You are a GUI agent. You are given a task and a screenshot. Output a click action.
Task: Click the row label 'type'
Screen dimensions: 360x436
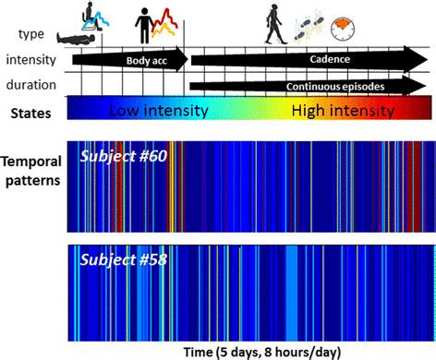[30, 34]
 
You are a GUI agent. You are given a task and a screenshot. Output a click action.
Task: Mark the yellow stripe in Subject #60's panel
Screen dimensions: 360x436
[169, 185]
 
